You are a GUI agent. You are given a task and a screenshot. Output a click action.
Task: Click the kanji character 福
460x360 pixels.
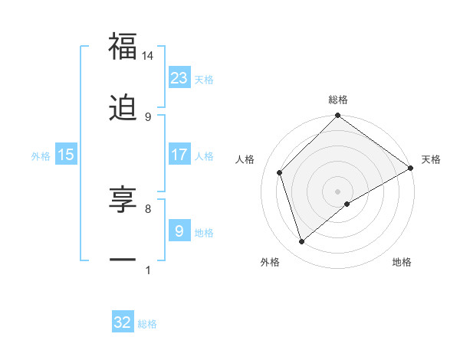tap(123, 47)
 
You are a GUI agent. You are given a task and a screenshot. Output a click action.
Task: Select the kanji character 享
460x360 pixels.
tap(123, 199)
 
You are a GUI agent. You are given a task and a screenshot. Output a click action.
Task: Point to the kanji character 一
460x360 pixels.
tap(123, 260)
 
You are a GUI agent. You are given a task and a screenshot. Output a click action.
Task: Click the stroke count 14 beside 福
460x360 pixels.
tap(147, 56)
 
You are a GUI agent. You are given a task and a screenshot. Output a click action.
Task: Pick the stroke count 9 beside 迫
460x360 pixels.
tap(147, 116)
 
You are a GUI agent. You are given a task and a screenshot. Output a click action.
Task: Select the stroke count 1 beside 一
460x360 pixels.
tap(147, 270)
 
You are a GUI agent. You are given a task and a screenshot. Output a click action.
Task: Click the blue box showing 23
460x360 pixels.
tap(179, 77)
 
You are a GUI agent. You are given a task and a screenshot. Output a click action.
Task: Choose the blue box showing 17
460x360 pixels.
tap(179, 154)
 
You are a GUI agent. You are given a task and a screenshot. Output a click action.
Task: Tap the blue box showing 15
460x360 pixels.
tap(66, 154)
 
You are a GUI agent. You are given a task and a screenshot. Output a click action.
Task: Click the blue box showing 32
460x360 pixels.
tap(123, 322)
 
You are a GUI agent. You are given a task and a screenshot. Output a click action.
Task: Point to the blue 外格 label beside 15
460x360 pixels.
tap(41, 155)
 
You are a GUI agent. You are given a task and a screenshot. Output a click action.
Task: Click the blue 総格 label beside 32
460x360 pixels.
tap(147, 324)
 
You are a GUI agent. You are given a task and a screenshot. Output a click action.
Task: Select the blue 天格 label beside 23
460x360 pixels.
tap(204, 79)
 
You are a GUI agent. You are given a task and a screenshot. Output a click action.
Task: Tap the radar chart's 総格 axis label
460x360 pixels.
tap(338, 100)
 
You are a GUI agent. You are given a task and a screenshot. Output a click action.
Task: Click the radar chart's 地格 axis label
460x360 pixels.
tap(402, 262)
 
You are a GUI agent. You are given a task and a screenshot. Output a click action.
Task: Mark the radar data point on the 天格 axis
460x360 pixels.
tap(410, 168)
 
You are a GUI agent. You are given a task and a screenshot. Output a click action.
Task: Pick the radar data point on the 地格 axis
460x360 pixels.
tap(347, 204)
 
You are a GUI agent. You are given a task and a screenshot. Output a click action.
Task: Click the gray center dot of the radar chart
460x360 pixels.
tap(338, 191)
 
